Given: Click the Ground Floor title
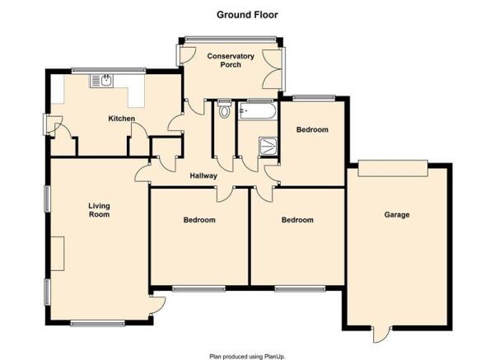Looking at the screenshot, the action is [x=247, y=15].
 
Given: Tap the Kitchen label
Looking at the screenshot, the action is [x=122, y=119].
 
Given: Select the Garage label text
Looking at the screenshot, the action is [x=397, y=215].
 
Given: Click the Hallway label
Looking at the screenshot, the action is [x=203, y=176].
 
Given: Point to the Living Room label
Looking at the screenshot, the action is [x=99, y=210].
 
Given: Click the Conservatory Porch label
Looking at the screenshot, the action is [x=231, y=60].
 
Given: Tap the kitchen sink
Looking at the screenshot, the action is [x=101, y=81].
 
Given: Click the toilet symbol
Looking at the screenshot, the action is [x=224, y=109].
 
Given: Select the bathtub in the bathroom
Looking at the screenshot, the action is [x=258, y=110].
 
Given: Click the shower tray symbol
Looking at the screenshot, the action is [x=268, y=146].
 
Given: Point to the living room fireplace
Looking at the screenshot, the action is [x=58, y=254].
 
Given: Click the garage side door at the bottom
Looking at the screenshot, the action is [x=381, y=334].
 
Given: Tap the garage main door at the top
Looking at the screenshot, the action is [x=393, y=168].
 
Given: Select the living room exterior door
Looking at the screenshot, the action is [x=156, y=305].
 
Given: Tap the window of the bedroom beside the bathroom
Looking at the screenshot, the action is [x=314, y=97].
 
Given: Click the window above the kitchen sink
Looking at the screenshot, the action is [x=109, y=70].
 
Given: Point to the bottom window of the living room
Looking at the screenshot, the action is [x=97, y=323].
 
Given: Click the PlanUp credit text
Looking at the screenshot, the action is [x=247, y=357].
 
